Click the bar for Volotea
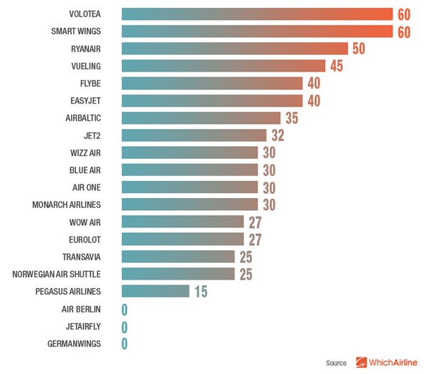click(x=257, y=14)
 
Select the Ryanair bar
click(x=234, y=48)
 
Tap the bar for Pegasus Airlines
click(x=155, y=291)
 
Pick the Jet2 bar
click(x=194, y=135)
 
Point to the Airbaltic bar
click(x=201, y=118)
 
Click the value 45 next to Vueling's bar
click(x=336, y=66)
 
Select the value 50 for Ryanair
click(x=359, y=48)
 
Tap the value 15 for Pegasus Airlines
click(x=200, y=291)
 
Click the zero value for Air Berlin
click(x=124, y=309)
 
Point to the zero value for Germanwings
click(x=124, y=343)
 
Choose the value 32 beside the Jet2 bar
click(x=277, y=135)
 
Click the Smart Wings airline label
click(x=76, y=31)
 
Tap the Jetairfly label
click(x=81, y=326)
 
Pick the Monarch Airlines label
click(x=67, y=204)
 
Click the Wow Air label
click(x=85, y=222)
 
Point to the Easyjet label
click(x=84, y=101)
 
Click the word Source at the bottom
click(x=336, y=363)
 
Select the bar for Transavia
click(x=178, y=256)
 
